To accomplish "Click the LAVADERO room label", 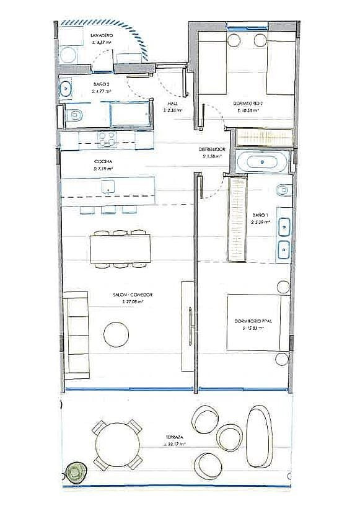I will (x=100, y=37).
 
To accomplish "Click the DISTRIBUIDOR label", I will (x=211, y=150).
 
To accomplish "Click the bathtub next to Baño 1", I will (x=261, y=162).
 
